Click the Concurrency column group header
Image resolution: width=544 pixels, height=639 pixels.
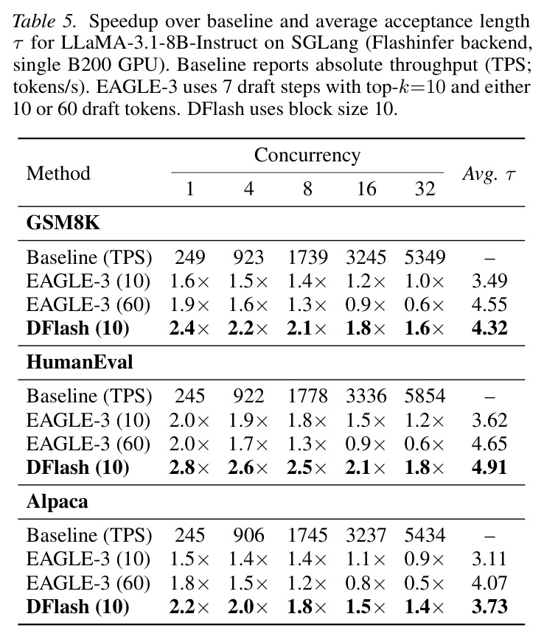307,156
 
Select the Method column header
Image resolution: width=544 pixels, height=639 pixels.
58,173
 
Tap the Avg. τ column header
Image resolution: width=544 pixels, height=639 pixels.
489,174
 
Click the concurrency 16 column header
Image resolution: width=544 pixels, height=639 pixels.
366,189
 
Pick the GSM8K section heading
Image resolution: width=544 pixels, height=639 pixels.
63,223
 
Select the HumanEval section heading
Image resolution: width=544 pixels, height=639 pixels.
80,362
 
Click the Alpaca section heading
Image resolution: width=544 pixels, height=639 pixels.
57,501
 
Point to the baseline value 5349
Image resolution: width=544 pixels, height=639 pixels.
425,257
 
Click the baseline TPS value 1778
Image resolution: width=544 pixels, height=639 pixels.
307,396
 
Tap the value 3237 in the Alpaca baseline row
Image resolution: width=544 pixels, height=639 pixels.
366,535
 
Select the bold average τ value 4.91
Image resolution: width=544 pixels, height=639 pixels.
489,467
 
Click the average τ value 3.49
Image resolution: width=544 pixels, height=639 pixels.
489,281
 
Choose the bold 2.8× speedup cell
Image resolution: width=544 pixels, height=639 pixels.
189,467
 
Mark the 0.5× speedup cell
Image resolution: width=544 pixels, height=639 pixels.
424,583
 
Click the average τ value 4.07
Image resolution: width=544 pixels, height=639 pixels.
489,583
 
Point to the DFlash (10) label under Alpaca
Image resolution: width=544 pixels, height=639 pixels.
78,607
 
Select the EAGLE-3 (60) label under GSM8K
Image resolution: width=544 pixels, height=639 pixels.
88,305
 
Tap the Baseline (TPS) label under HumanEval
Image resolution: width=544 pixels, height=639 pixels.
89,396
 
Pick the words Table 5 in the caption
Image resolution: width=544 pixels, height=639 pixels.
44,21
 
